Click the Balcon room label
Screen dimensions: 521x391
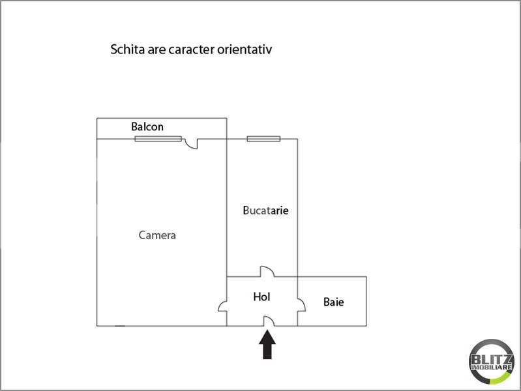pyautogui.click(x=147, y=126)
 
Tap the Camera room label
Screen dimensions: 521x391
pyautogui.click(x=157, y=235)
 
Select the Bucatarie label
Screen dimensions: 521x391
pyautogui.click(x=265, y=210)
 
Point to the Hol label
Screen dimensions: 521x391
pyautogui.click(x=261, y=297)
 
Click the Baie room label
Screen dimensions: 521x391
pyautogui.click(x=334, y=302)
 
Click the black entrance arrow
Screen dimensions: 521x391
pyautogui.click(x=267, y=345)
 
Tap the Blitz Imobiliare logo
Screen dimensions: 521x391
pyautogui.click(x=492, y=362)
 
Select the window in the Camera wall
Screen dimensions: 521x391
pyautogui.click(x=158, y=139)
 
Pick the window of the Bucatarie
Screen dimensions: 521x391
pyautogui.click(x=263, y=139)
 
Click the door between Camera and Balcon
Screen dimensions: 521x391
pyautogui.click(x=192, y=143)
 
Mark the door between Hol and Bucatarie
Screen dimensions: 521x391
pyautogui.click(x=267, y=271)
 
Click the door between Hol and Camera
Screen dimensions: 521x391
pyautogui.click(x=222, y=306)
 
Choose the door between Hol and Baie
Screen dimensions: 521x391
pyautogui.click(x=301, y=305)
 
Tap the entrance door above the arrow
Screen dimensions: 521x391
pyautogui.click(x=269, y=321)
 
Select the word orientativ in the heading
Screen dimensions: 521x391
pyautogui.click(x=245, y=50)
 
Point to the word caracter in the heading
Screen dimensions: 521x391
pyautogui.click(x=192, y=50)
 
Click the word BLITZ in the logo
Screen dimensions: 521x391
pyautogui.click(x=492, y=360)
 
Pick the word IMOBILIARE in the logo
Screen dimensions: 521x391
pyautogui.click(x=492, y=368)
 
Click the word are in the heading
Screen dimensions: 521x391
pyautogui.click(x=157, y=51)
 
